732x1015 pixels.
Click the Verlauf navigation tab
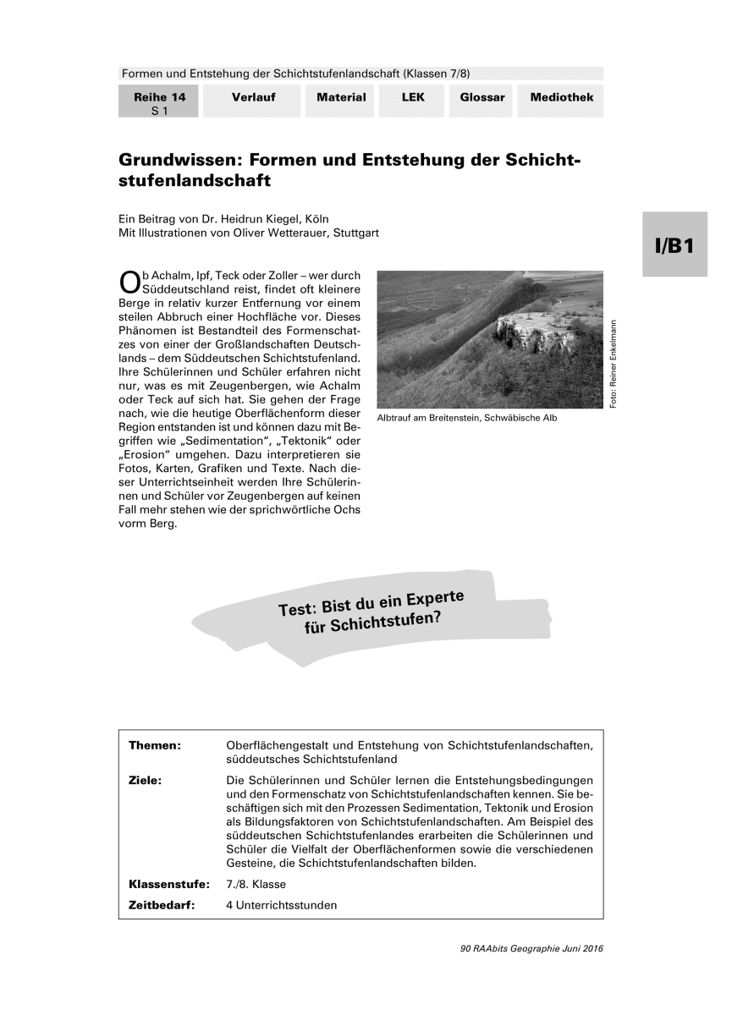253,98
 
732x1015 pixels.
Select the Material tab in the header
341,98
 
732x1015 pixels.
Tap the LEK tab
413,98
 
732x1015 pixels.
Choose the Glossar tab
482,98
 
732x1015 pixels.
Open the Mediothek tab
561,98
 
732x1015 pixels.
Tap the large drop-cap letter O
129,281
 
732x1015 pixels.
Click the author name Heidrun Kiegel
249,218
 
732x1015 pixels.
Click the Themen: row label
155,745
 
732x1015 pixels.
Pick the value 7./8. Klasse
256,885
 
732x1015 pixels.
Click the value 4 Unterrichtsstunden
282,905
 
